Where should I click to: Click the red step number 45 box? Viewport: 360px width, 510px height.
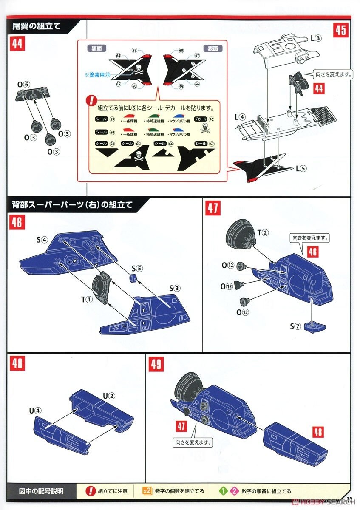[x=340, y=31]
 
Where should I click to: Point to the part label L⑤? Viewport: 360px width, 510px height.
[x=301, y=168]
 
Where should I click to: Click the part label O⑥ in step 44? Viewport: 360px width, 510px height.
[x=23, y=85]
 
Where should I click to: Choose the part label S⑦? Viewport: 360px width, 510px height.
[x=295, y=326]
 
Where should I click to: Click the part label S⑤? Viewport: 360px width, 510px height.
[x=137, y=268]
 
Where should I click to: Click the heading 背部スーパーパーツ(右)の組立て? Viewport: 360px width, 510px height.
[x=72, y=205]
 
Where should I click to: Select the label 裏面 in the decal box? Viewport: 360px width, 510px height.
[x=96, y=48]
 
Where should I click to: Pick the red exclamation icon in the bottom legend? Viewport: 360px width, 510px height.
[x=90, y=491]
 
